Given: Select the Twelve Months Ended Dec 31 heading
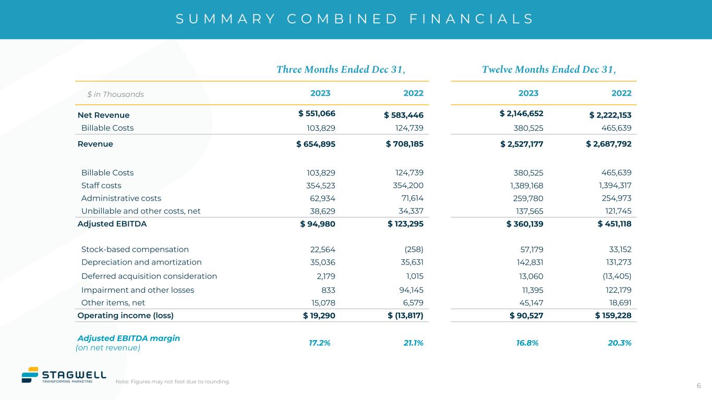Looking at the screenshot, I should [549, 70].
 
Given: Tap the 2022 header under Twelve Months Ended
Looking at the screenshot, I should [621, 93].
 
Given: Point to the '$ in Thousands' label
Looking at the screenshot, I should [115, 94].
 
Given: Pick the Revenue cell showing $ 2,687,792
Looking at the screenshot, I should [609, 144].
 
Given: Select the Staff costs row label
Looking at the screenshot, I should [101, 185].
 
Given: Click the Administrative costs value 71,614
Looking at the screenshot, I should [409, 198].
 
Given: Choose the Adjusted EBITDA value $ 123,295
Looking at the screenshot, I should [405, 224].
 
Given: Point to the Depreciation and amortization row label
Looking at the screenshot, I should [141, 262].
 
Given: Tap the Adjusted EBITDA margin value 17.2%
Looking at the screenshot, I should [319, 343].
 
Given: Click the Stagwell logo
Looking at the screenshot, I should [64, 375].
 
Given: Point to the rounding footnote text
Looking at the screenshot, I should [173, 382].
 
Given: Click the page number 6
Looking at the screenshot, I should [699, 385].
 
